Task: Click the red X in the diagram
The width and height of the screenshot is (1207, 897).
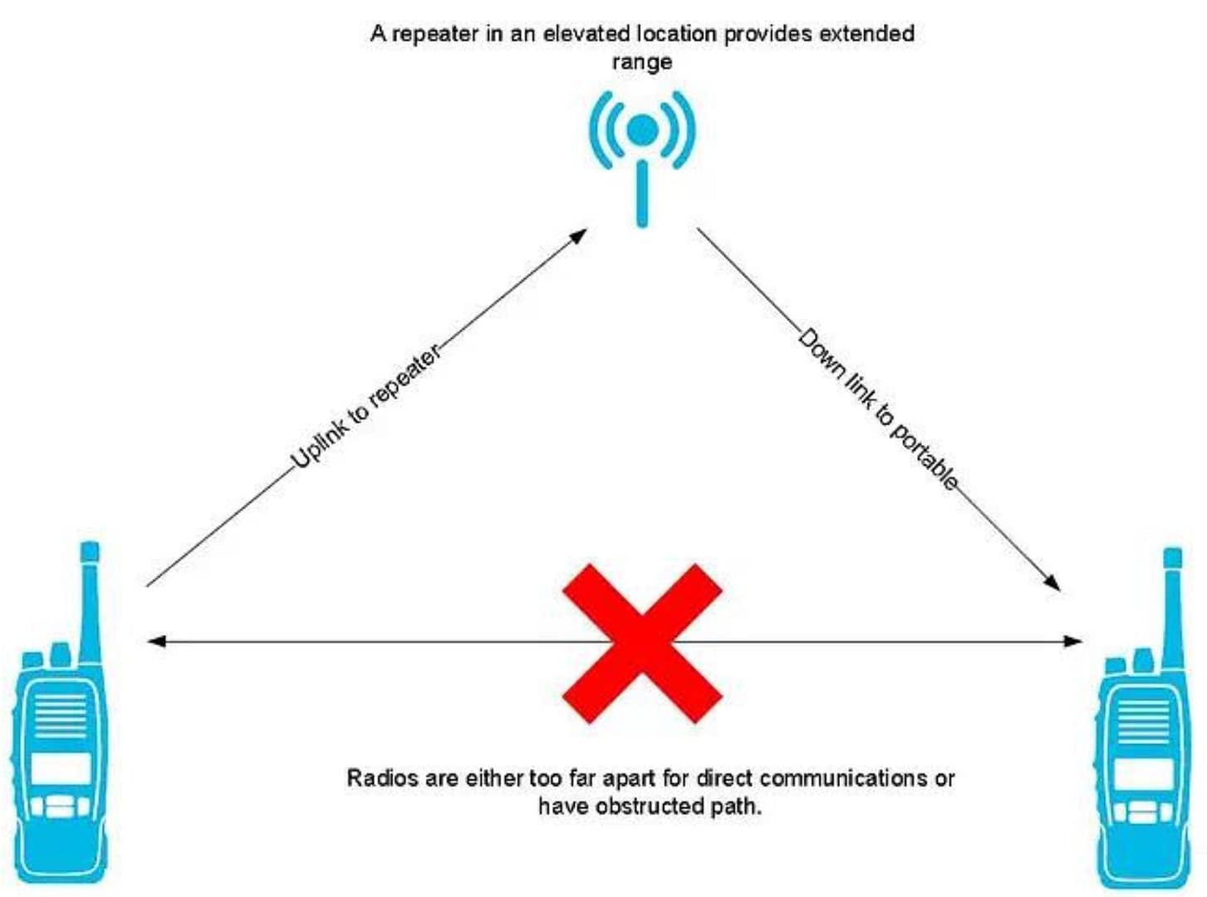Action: pyautogui.click(x=642, y=643)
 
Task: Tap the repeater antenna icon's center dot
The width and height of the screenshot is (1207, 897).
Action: pyautogui.click(x=642, y=130)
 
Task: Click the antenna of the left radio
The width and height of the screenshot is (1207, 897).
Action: pyautogui.click(x=90, y=602)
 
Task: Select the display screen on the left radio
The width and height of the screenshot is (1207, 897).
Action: pyautogui.click(x=61, y=768)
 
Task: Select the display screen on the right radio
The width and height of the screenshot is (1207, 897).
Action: pyautogui.click(x=1143, y=773)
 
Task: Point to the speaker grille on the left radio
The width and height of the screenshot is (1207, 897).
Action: pyautogui.click(x=61, y=716)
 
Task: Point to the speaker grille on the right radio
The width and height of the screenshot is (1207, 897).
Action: pyautogui.click(x=1143, y=722)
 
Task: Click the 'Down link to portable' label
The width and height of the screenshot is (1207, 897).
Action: pyautogui.click(x=877, y=409)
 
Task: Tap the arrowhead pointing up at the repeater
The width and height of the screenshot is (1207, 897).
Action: pyautogui.click(x=578, y=236)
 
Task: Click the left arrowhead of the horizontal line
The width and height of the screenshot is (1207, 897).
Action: pyautogui.click(x=156, y=642)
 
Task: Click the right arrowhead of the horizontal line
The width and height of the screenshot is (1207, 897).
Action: pyautogui.click(x=1072, y=642)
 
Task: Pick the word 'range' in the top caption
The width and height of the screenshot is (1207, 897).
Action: pyautogui.click(x=642, y=62)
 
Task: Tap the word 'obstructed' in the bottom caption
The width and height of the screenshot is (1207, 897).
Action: pyautogui.click(x=650, y=806)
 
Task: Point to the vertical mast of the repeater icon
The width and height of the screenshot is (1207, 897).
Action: pyautogui.click(x=642, y=194)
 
